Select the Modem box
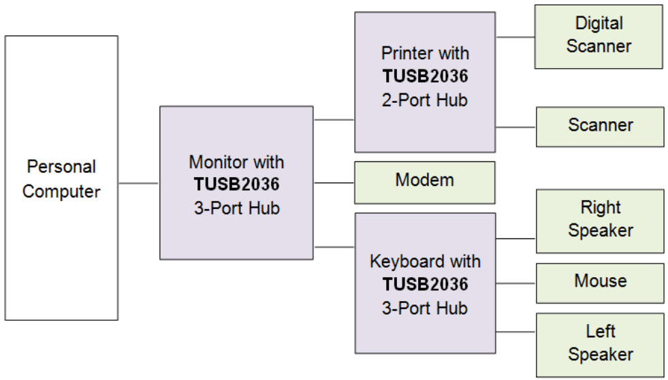tap(424, 182)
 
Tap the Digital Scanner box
tap(598, 36)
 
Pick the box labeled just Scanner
tap(599, 127)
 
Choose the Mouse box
tap(599, 283)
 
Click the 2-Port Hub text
tap(424, 99)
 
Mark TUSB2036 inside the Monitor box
tap(236, 185)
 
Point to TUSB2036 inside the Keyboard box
tap(425, 284)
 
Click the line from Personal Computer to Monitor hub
tap(138, 183)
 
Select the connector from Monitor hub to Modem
tap(334, 183)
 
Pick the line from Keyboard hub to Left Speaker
tap(515, 332)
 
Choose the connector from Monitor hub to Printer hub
tap(334, 120)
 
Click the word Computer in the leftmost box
tap(61, 192)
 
